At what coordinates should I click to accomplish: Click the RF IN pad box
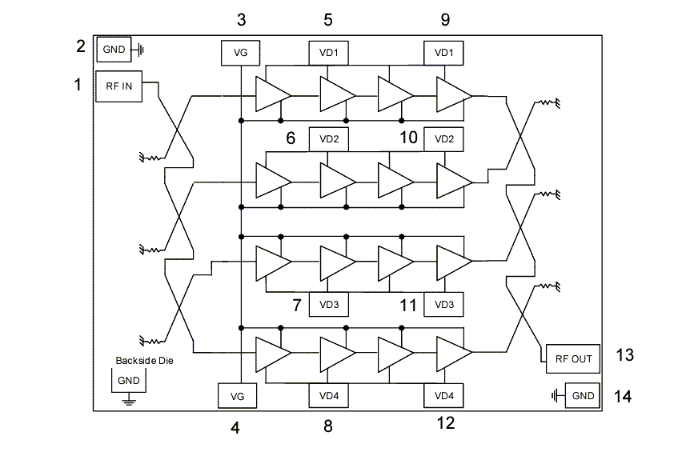tap(118, 86)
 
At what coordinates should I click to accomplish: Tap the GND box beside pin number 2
tap(114, 50)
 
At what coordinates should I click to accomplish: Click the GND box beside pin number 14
tap(583, 395)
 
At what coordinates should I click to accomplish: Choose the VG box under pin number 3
tap(240, 54)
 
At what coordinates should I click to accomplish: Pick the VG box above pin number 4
tap(239, 395)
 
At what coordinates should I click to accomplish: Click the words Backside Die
tap(144, 361)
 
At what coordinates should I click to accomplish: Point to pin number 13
tap(624, 355)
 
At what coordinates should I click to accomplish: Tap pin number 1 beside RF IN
tap(78, 83)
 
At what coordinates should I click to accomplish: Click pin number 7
tap(295, 306)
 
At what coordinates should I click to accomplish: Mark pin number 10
tap(408, 138)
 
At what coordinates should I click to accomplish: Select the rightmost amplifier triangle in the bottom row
tap(453, 350)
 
